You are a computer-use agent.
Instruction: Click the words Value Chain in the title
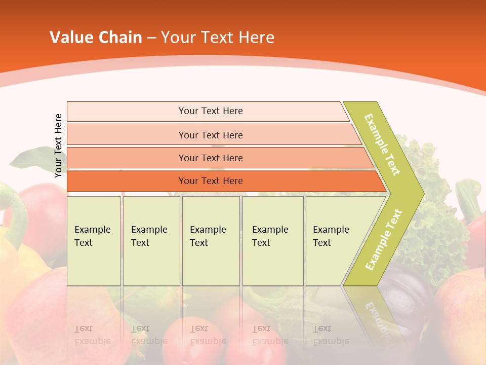coord(96,38)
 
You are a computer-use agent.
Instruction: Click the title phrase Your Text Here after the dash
coord(218,38)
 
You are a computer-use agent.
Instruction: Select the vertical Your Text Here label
coord(58,145)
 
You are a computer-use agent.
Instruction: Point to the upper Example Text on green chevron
coord(382,145)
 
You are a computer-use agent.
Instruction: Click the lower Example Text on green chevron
coord(384,240)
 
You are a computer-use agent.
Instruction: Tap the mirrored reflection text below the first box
coord(92,335)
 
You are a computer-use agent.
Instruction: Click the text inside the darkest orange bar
coord(211,181)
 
